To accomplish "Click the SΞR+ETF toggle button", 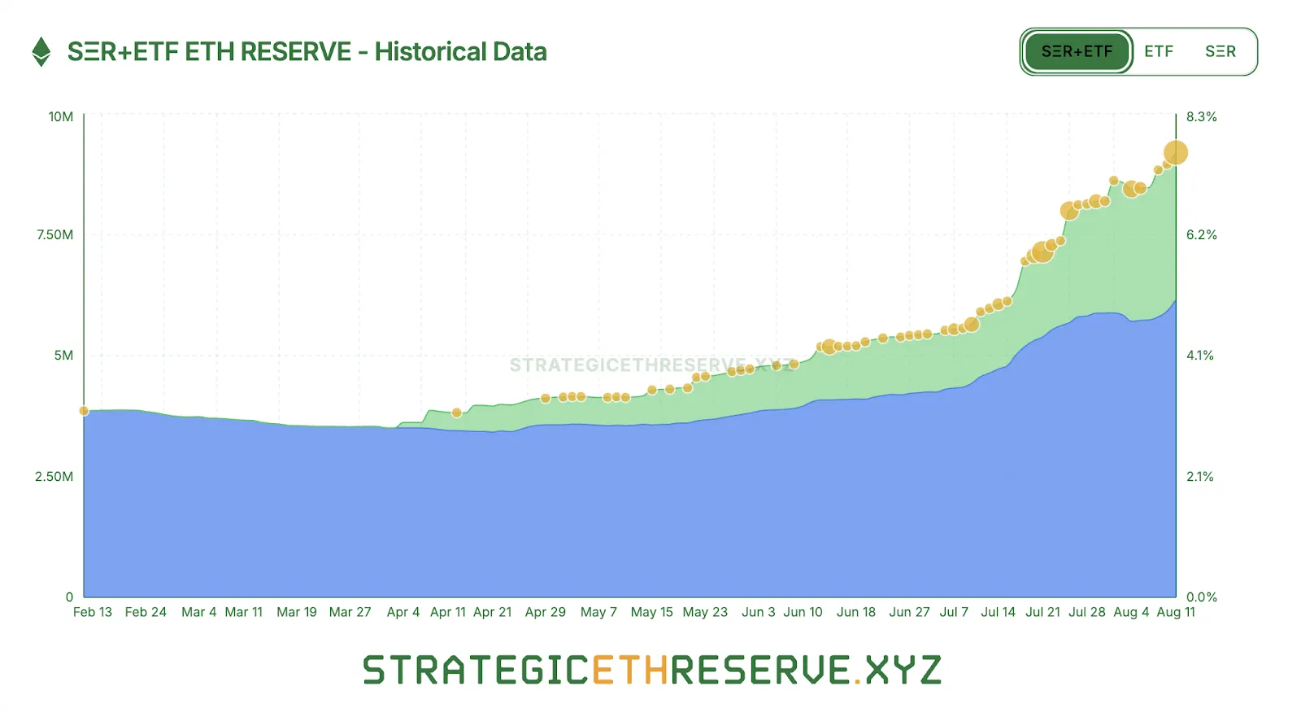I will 1077,52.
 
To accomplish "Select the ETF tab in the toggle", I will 1159,52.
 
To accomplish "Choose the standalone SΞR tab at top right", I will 1220,52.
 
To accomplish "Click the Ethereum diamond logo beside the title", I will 41,52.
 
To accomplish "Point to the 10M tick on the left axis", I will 61,117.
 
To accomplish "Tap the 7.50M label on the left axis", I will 54,235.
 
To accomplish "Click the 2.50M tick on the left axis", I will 54,477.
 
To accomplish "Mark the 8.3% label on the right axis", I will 1201,117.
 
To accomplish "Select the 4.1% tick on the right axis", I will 1199,356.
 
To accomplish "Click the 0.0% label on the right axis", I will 1201,597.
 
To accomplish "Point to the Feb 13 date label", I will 93,612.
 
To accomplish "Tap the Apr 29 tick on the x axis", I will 545,612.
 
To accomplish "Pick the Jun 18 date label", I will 855,612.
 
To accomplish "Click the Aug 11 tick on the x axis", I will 1176,612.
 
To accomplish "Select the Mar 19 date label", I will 297,612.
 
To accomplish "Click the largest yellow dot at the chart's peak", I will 1176,152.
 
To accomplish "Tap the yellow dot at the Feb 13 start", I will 84,411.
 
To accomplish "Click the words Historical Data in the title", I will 460,52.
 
